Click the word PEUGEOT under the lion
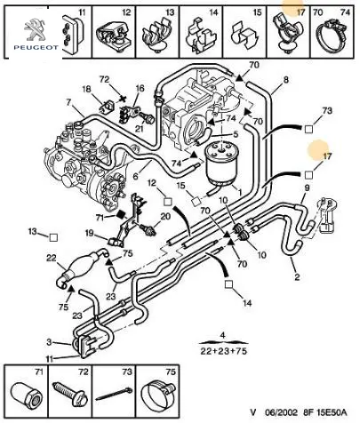(x=36, y=47)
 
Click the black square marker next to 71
(x=121, y=214)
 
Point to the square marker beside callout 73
(x=308, y=129)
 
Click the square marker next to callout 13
(x=53, y=237)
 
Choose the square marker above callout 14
(x=228, y=284)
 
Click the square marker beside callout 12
(x=168, y=202)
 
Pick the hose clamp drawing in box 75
(x=157, y=393)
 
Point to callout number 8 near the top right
(x=285, y=80)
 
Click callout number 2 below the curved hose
(x=297, y=277)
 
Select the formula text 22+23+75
(x=224, y=351)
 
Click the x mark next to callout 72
(x=121, y=98)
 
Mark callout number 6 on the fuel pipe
(x=135, y=176)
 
